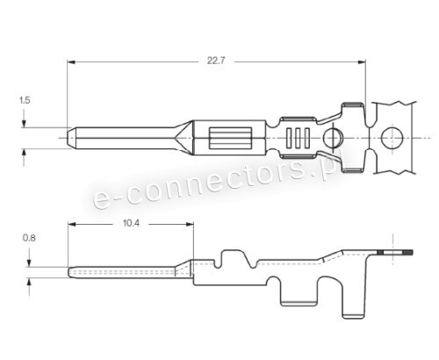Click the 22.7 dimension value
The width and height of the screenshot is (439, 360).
click(x=215, y=61)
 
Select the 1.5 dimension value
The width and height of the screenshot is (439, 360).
click(x=25, y=101)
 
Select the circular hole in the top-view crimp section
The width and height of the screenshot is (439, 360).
click(x=334, y=138)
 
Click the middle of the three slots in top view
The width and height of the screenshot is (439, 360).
click(x=299, y=138)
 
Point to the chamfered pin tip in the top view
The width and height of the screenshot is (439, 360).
click(x=71, y=138)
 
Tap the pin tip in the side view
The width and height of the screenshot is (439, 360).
click(x=70, y=270)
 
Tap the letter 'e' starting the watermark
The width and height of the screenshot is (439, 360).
click(x=100, y=201)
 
